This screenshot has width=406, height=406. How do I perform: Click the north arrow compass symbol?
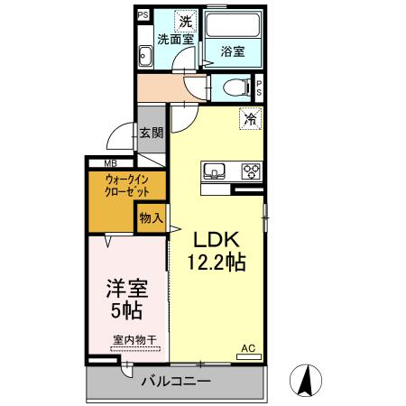(x=307, y=379)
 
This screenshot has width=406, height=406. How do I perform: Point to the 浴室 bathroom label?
(x=232, y=51)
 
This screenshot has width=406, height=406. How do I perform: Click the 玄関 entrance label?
(x=151, y=133)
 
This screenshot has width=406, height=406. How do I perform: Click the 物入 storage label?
(x=151, y=217)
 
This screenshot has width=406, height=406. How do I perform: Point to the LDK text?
(x=217, y=240)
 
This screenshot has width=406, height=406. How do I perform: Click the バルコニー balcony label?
(x=176, y=382)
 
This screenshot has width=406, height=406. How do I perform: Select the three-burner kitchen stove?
(x=249, y=171)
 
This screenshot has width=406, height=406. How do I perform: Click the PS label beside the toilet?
(x=259, y=88)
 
